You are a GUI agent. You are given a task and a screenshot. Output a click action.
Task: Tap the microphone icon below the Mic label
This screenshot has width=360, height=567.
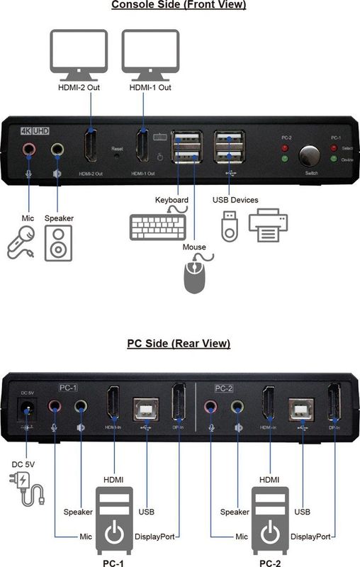coord(21,241)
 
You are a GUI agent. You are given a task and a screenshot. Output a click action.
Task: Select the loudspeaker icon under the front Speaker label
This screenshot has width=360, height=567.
coord(57,242)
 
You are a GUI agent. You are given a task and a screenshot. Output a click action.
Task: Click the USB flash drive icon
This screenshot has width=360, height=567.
coord(229,226)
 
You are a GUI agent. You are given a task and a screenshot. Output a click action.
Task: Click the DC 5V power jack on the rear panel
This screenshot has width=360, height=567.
coord(27,410)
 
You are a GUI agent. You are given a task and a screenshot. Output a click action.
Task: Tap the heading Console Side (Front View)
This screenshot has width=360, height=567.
coord(179,6)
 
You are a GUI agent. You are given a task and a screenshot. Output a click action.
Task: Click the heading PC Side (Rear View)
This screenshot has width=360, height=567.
coord(179,344)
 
